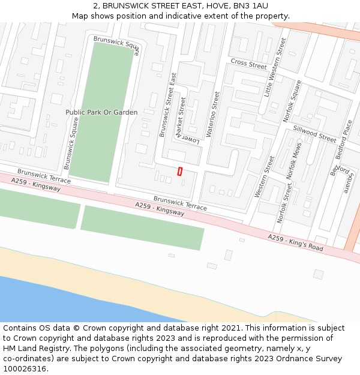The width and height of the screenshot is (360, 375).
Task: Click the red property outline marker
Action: pyautogui.click(x=180, y=171)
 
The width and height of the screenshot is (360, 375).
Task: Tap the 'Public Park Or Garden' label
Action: pyautogui.click(x=101, y=112)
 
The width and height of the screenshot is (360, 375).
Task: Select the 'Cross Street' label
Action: pyautogui.click(x=248, y=64)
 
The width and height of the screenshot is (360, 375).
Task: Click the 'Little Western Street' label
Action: pyautogui.click(x=276, y=67)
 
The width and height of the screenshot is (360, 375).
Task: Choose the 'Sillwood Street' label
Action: pyautogui.click(x=314, y=134)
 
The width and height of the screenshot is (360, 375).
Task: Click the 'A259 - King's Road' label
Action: pyautogui.click(x=295, y=243)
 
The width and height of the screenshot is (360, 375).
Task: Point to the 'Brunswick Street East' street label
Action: pyautogui.click(x=167, y=105)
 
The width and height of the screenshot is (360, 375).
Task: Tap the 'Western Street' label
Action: pyautogui.click(x=265, y=176)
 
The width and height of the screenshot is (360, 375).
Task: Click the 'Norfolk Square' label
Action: pyautogui.click(x=292, y=101)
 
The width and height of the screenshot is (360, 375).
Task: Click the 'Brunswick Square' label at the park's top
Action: pyautogui.click(x=117, y=46)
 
